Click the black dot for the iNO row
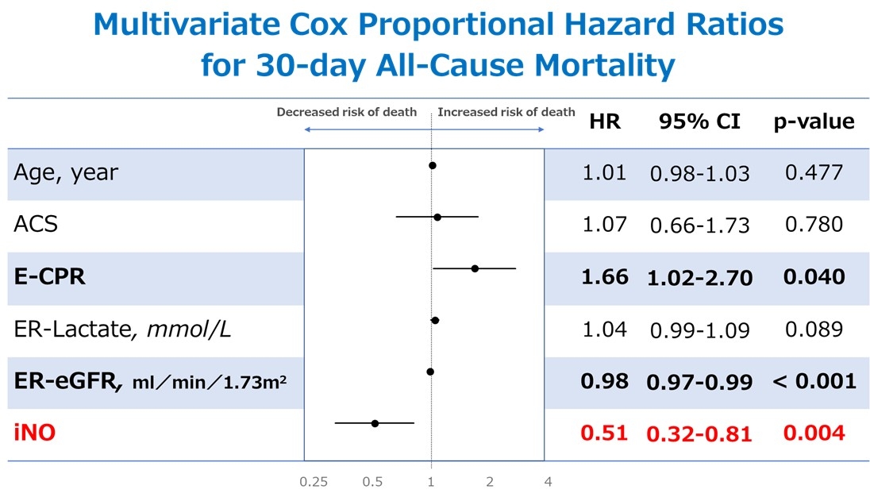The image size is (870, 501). click(x=375, y=423)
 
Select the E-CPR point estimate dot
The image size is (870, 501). click(x=475, y=268)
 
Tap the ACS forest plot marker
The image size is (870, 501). click(x=437, y=216)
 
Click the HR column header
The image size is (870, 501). click(x=605, y=121)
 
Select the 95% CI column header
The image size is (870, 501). click(x=699, y=121)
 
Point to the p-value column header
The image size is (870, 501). click(x=814, y=121)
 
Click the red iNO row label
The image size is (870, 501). click(x=35, y=434)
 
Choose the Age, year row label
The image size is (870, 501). click(x=65, y=172)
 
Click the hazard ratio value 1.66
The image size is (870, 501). click(x=604, y=277)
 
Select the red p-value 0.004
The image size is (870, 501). click(x=814, y=434)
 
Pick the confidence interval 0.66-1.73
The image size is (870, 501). click(x=699, y=226)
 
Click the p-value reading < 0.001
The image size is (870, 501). click(x=814, y=381)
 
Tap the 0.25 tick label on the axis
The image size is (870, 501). click(x=314, y=482)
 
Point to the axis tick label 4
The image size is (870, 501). click(x=548, y=482)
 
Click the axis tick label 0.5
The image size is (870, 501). click(x=372, y=482)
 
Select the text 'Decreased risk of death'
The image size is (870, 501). click(x=346, y=112)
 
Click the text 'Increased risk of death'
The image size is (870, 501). click(x=506, y=112)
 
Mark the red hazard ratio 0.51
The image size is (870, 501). click(x=604, y=434)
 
